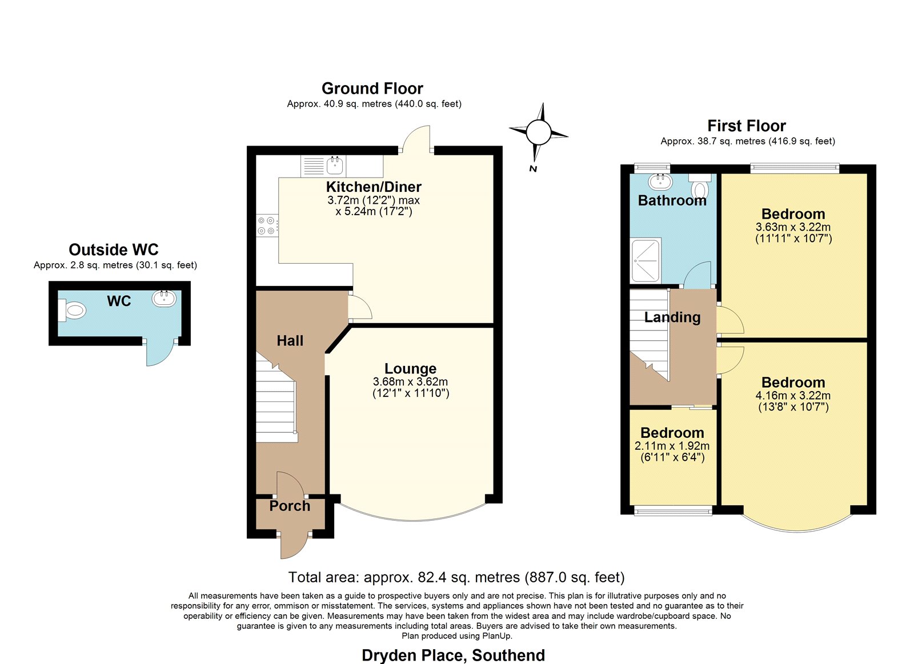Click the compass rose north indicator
pyautogui.click(x=538, y=132)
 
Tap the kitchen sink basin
pyautogui.click(x=335, y=166)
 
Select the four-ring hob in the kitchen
pyautogui.click(x=267, y=226)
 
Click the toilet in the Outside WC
pyautogui.click(x=72, y=311)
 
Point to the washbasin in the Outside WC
pyautogui.click(x=164, y=298)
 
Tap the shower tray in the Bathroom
pyautogui.click(x=646, y=260)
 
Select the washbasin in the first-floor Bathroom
pyautogui.click(x=660, y=182)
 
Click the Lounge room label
pyautogui.click(x=411, y=368)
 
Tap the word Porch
pyautogui.click(x=290, y=506)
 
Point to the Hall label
pyautogui.click(x=290, y=341)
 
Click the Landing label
pyautogui.click(x=672, y=317)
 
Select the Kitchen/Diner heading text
pyautogui.click(x=374, y=187)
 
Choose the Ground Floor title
pyautogui.click(x=372, y=88)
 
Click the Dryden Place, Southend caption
pyautogui.click(x=454, y=655)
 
